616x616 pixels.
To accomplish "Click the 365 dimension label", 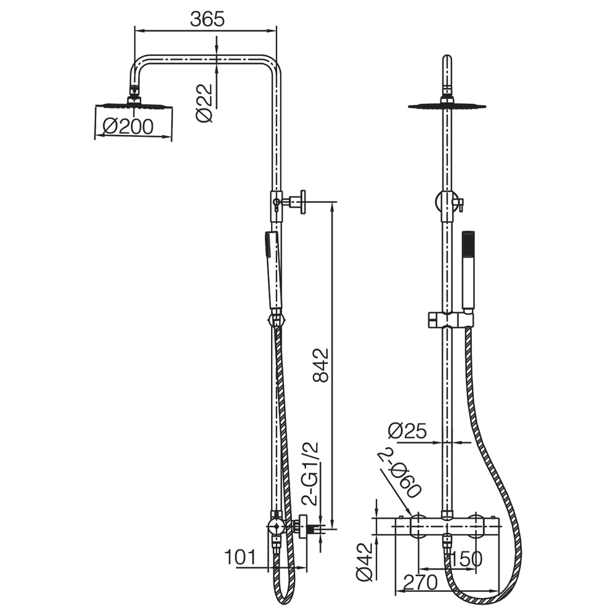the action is point(207,19).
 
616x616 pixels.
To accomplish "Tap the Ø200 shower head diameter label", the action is point(128,126).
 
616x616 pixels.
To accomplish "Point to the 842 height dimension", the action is point(320,365).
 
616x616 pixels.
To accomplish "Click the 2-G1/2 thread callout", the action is point(310,474).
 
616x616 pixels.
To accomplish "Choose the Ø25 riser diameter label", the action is point(407,431).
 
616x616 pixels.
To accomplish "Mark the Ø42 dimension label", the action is point(364,562).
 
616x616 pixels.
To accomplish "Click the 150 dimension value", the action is point(466,559).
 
